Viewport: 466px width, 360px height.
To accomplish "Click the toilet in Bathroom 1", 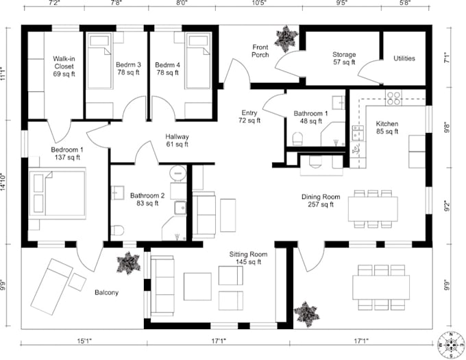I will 297,139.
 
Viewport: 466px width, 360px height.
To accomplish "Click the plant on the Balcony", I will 128,263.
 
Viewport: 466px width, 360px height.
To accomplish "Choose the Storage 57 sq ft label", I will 343,58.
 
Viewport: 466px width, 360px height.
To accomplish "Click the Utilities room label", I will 404,59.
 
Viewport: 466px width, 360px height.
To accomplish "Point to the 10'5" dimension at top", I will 259,3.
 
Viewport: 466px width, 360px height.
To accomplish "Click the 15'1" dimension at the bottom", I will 84,339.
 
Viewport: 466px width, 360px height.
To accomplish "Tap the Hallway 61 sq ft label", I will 177,141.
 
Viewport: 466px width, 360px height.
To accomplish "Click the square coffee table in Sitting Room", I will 197,286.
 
